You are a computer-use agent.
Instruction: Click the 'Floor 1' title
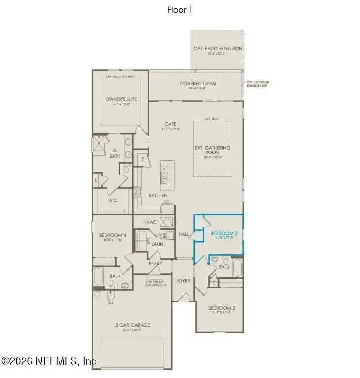[x=180, y=10]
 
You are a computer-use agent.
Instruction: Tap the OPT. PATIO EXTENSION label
[x=217, y=49]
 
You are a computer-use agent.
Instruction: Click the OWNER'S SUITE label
[x=121, y=99]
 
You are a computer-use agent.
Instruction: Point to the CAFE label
[x=171, y=124]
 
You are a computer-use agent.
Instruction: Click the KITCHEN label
[x=158, y=196]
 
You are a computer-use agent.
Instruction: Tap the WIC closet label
[x=113, y=201]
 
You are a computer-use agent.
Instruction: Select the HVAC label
[x=150, y=222]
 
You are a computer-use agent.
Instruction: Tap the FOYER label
[x=183, y=281]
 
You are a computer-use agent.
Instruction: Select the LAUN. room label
[x=158, y=244]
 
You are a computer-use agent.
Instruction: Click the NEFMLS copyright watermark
[x=49, y=361]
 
